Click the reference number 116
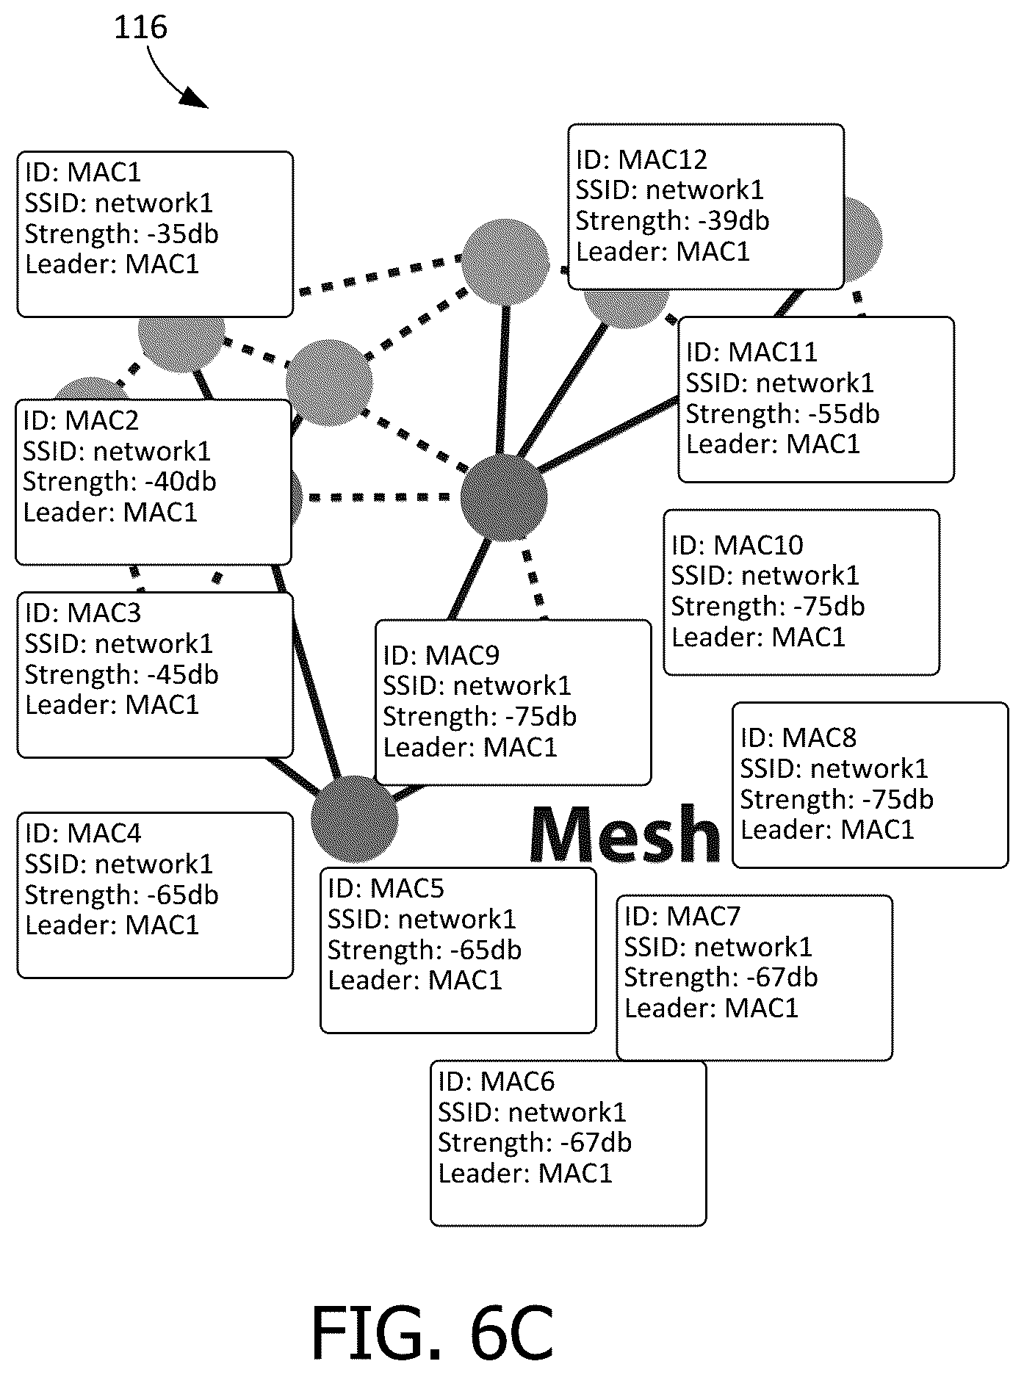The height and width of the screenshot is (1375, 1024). (140, 28)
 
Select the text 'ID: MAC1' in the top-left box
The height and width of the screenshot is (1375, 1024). (82, 173)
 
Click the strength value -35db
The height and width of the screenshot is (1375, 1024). (179, 234)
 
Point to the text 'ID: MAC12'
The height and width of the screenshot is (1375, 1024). (641, 159)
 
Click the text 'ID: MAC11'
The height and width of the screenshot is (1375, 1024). (751, 353)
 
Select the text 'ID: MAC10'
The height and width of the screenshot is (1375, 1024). (737, 545)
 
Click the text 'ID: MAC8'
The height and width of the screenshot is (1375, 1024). (798, 738)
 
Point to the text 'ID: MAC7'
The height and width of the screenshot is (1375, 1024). (682, 917)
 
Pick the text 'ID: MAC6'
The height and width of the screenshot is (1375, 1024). (497, 1082)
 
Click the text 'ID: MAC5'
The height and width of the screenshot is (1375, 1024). (386, 889)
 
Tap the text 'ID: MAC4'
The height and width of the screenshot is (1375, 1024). (83, 834)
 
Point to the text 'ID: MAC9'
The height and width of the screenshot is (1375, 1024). (441, 655)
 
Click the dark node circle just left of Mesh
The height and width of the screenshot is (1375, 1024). (354, 819)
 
